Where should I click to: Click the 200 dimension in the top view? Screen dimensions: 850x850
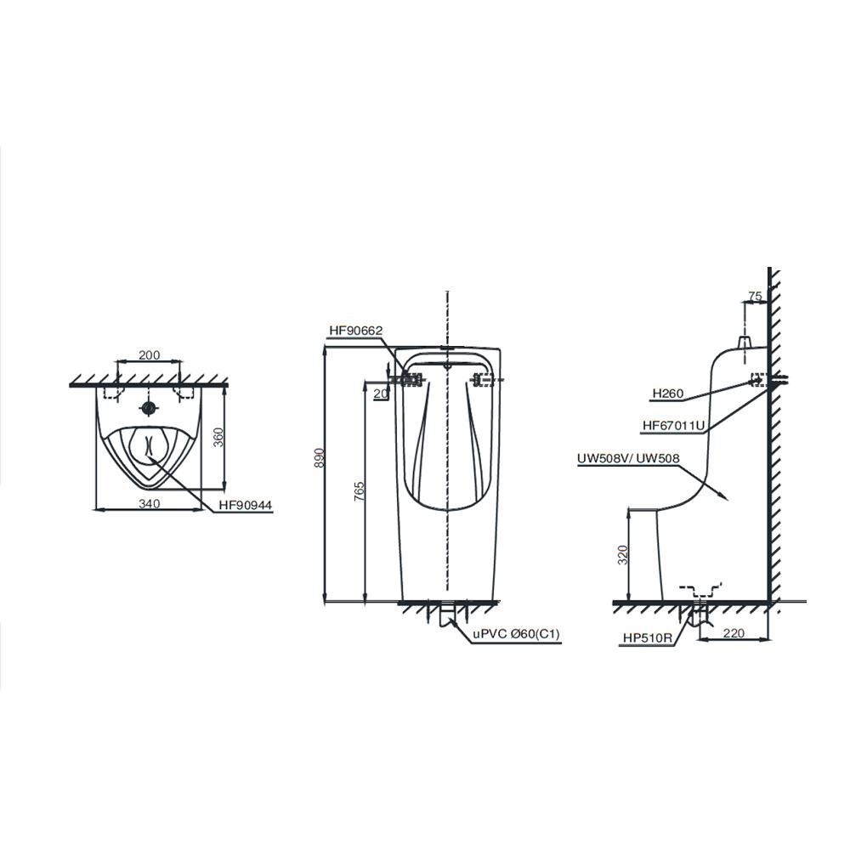[x=150, y=355]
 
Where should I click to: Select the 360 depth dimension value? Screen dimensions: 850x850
[x=218, y=438]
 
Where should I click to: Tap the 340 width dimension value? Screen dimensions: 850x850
[x=149, y=503]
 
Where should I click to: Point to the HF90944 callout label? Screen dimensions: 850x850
[x=246, y=506]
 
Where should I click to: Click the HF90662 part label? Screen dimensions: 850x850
[x=356, y=330]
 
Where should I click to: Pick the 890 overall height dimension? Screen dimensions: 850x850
[x=319, y=458]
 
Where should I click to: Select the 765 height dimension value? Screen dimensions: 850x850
[x=359, y=491]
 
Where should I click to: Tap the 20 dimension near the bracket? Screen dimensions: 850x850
[x=381, y=394]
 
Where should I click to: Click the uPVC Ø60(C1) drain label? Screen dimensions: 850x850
[x=516, y=634]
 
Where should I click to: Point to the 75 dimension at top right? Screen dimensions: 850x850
[x=755, y=296]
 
